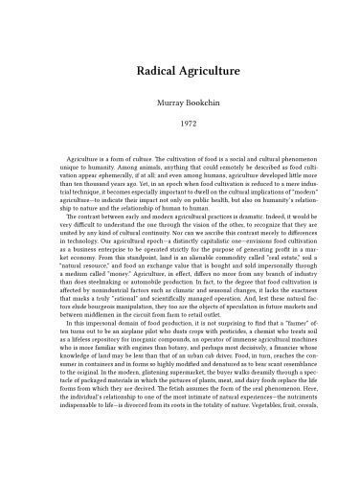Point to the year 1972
(180, 125)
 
